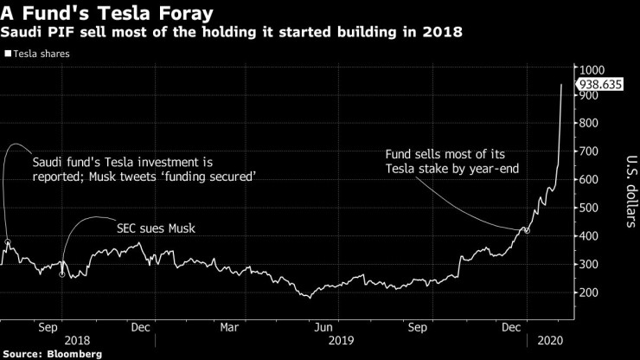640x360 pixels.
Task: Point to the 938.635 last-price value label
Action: pos(604,85)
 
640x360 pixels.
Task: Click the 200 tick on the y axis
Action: pos(590,292)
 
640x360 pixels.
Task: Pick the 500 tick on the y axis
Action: pos(590,208)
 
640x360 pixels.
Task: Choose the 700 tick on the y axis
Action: pos(590,151)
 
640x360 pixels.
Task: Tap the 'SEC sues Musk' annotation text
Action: pos(155,229)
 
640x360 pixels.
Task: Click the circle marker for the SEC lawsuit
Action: pos(61,273)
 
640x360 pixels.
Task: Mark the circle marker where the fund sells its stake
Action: pos(527,231)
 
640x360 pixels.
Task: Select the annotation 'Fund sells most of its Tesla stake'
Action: pos(452,161)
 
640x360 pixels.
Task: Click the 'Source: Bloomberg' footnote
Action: pos(51,354)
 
